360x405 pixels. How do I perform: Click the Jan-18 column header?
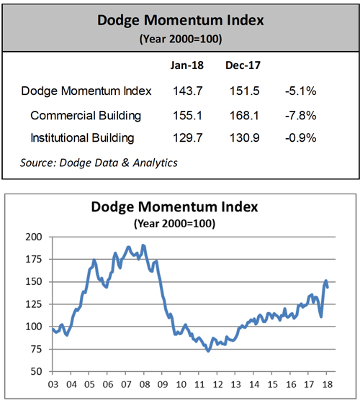(x=186, y=65)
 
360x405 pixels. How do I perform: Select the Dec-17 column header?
(x=242, y=65)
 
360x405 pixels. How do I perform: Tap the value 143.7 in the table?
(x=186, y=91)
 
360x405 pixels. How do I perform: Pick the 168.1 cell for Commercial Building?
(x=242, y=115)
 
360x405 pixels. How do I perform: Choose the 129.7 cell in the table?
(x=186, y=137)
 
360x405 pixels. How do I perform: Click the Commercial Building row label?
(x=86, y=115)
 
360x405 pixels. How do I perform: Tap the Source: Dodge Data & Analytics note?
(x=99, y=163)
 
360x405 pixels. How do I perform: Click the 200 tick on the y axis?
(x=33, y=237)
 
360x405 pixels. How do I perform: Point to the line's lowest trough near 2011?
(x=208, y=350)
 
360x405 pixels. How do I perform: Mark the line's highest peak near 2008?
(x=143, y=245)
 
